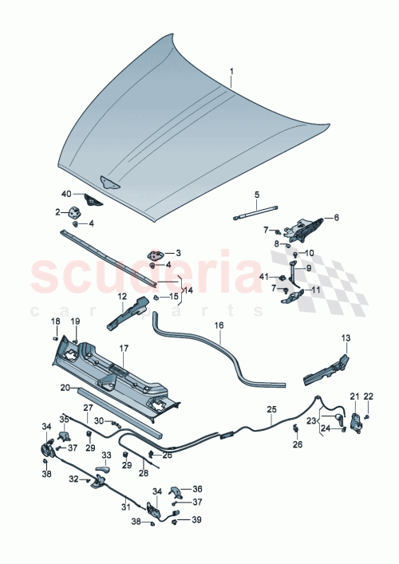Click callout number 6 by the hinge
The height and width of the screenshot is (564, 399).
(x=336, y=216)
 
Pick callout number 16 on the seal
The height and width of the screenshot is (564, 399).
(x=218, y=325)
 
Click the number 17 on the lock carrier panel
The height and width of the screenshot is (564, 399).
(x=124, y=348)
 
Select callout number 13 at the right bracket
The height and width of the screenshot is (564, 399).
(x=346, y=338)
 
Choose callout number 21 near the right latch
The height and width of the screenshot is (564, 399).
(x=354, y=396)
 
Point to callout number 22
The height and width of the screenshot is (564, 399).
(x=369, y=396)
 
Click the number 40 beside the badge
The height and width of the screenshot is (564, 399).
(x=67, y=194)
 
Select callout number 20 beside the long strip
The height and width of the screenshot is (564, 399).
(x=65, y=388)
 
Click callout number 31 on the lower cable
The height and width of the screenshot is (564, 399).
(x=124, y=506)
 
